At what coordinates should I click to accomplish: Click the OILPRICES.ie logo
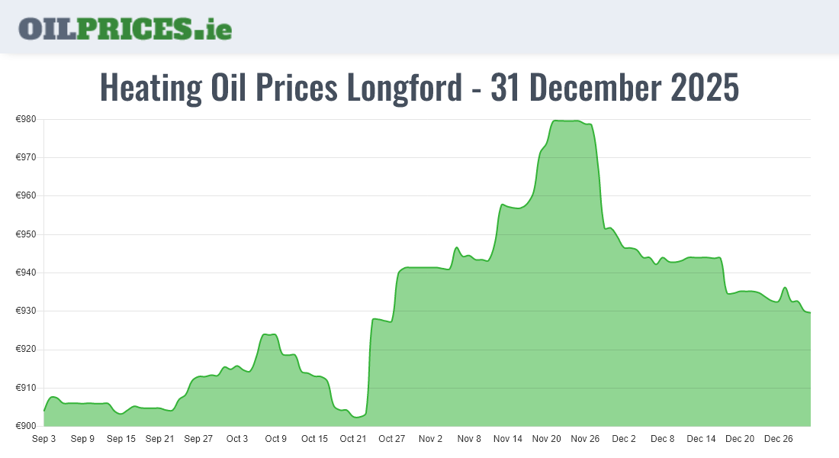[x=125, y=28]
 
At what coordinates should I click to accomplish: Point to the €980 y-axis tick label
[x=27, y=119]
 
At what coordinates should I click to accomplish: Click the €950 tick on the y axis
[x=27, y=234]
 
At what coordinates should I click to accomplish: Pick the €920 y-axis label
[x=27, y=350]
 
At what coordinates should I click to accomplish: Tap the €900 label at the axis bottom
[x=27, y=426]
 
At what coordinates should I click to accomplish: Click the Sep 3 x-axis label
[x=43, y=439]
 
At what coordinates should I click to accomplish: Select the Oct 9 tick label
[x=275, y=439]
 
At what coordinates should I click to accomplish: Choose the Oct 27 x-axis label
[x=391, y=439]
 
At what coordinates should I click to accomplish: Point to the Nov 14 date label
[x=508, y=439]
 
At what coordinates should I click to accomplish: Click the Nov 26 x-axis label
[x=585, y=439]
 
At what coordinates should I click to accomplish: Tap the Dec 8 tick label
[x=662, y=439]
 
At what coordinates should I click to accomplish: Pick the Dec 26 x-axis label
[x=778, y=439]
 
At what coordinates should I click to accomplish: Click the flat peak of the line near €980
[x=567, y=121]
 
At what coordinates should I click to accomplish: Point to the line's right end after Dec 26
[x=810, y=312]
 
